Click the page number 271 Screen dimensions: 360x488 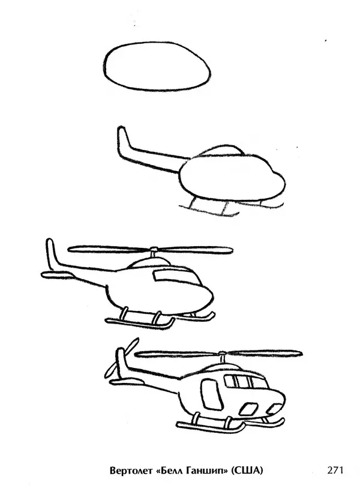(335, 469)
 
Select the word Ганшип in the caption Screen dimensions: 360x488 (207, 471)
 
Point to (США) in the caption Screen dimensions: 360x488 (247, 470)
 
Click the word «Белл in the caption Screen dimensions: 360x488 (169, 470)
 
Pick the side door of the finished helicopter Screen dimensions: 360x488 (212, 394)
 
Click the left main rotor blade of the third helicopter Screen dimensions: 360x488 (109, 249)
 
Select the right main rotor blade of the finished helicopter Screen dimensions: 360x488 (264, 353)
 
